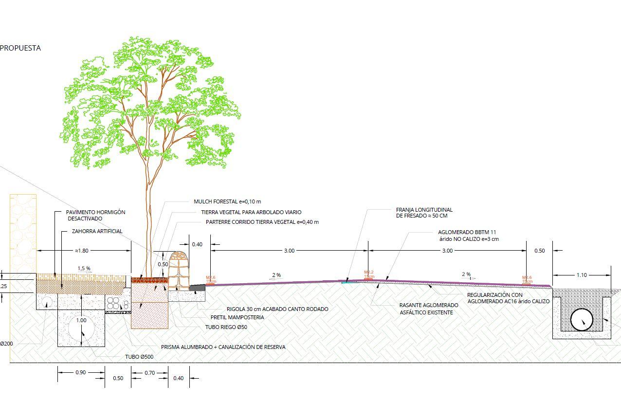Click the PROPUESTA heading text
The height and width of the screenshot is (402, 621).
point(20,48)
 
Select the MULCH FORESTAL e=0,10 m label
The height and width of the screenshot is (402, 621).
point(228,201)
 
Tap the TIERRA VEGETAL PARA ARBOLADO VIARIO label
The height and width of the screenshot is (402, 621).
point(251,212)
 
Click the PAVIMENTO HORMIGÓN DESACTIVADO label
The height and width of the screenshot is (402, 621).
point(95,216)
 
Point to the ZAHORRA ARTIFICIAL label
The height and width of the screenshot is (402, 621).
point(97,231)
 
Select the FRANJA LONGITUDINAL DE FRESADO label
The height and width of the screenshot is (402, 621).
point(424,213)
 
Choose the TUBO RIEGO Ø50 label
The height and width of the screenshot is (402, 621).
point(226,327)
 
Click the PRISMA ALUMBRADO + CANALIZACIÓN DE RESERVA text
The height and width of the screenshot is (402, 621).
point(223,347)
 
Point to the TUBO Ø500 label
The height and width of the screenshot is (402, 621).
point(139,357)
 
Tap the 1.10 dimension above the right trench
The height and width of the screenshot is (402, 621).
point(581,275)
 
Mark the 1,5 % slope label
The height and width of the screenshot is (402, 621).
point(84,268)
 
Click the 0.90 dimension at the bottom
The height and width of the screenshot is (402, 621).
point(81,373)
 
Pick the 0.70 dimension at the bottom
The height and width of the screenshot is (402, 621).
point(149,373)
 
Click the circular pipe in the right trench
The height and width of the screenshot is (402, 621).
point(582,320)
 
